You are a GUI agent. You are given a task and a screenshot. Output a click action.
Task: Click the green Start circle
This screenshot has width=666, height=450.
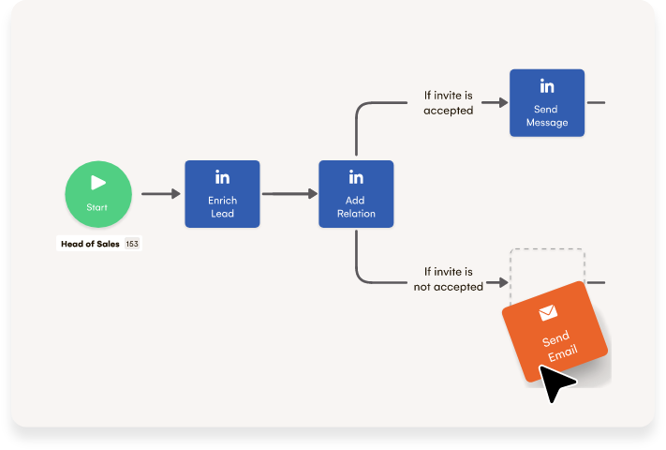point(98,194)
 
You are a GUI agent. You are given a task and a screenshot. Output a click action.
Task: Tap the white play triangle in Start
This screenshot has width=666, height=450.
point(98,183)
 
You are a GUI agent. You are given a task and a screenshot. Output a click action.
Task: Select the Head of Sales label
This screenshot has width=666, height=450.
point(90,244)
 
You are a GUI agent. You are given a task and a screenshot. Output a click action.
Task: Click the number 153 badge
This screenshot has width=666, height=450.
point(132,244)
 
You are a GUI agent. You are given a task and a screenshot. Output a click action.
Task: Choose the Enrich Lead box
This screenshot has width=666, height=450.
point(222,194)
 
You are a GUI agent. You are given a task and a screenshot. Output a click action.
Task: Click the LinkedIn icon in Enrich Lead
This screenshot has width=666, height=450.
point(222,177)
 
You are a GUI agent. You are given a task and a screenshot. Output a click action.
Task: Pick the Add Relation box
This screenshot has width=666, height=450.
point(356,194)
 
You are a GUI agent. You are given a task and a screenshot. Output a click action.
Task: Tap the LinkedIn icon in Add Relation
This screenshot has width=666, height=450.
point(356,177)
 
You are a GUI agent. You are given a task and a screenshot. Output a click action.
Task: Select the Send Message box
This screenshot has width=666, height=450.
point(547,102)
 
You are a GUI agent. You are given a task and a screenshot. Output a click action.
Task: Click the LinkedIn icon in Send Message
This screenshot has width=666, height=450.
point(547,86)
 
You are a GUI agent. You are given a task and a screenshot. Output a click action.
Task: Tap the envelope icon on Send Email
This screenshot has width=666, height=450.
point(547,313)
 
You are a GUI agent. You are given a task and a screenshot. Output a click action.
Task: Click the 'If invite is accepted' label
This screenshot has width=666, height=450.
point(448,102)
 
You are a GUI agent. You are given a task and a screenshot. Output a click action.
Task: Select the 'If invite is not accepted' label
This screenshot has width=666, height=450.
point(448,279)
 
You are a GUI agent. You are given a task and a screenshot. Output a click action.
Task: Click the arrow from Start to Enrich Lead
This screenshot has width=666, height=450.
point(160,194)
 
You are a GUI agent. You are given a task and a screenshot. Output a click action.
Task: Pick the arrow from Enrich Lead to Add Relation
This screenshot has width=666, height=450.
point(289,194)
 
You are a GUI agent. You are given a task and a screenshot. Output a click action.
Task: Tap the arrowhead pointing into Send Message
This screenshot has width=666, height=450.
point(501,102)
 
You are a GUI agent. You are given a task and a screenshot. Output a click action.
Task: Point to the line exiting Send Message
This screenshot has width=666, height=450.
point(596,102)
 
